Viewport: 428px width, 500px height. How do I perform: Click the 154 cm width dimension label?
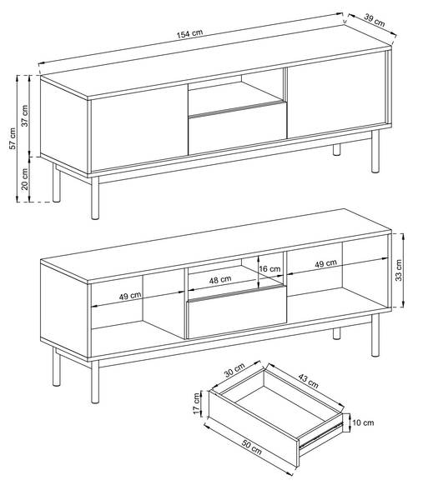(x=189, y=34)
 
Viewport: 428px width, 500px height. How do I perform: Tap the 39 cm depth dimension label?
(x=375, y=20)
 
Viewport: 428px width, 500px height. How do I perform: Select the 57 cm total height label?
(x=13, y=138)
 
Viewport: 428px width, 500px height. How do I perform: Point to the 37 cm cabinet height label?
(x=25, y=116)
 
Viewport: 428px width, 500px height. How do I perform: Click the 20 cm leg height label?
(x=25, y=179)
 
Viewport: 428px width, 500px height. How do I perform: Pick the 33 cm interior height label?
(x=399, y=270)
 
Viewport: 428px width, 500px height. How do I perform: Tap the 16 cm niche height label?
(x=269, y=269)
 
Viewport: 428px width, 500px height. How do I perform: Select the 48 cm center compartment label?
(x=220, y=280)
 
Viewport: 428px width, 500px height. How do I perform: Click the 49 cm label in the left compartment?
(x=130, y=296)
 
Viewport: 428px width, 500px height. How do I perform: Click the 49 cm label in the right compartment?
(x=325, y=263)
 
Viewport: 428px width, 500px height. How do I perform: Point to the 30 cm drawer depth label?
(x=234, y=370)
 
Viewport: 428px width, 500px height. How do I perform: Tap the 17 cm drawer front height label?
(x=197, y=403)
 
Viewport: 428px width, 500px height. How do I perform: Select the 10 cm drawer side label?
(x=363, y=422)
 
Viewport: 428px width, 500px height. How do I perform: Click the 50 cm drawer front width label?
(x=251, y=447)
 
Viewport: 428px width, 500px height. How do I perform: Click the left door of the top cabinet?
(x=139, y=127)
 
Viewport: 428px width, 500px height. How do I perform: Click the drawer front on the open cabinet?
(x=236, y=312)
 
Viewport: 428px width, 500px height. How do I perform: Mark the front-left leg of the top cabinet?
(x=95, y=198)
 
